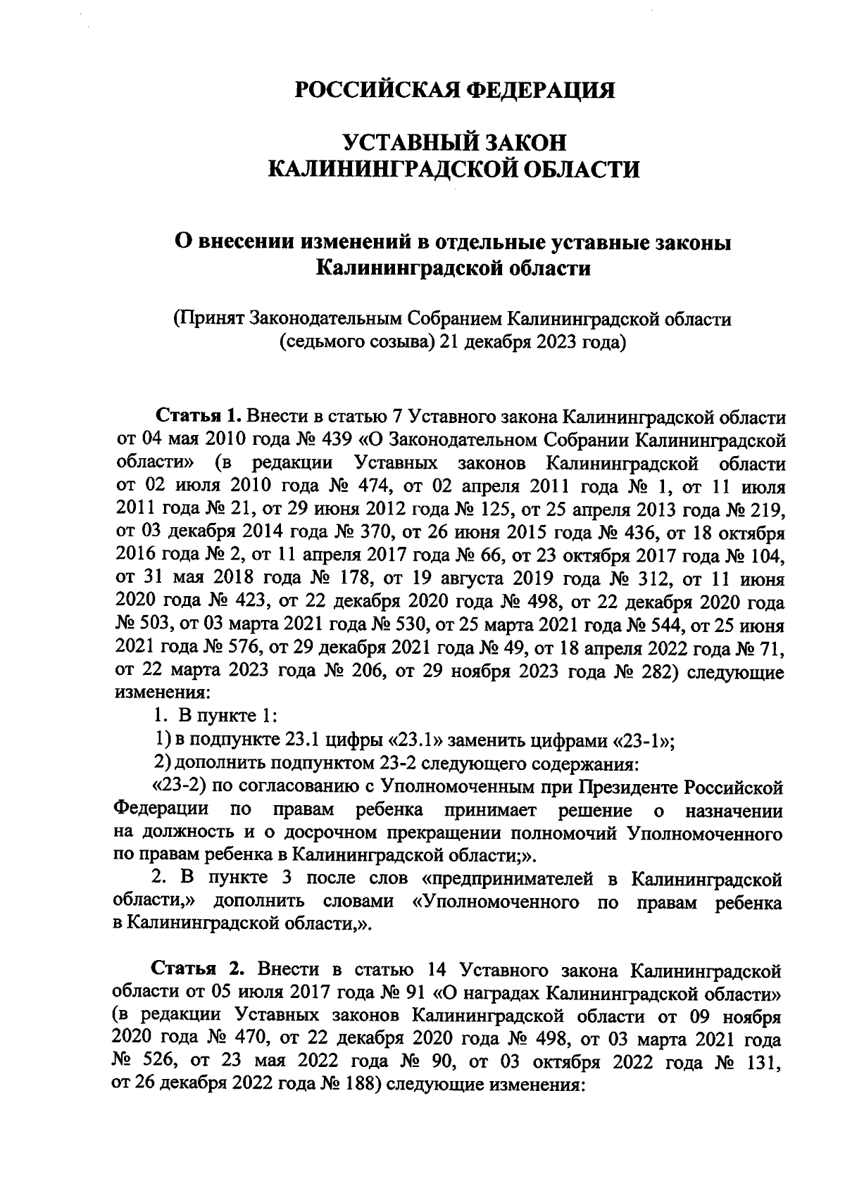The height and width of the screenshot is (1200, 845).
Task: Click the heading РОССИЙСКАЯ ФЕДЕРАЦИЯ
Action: (x=454, y=90)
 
